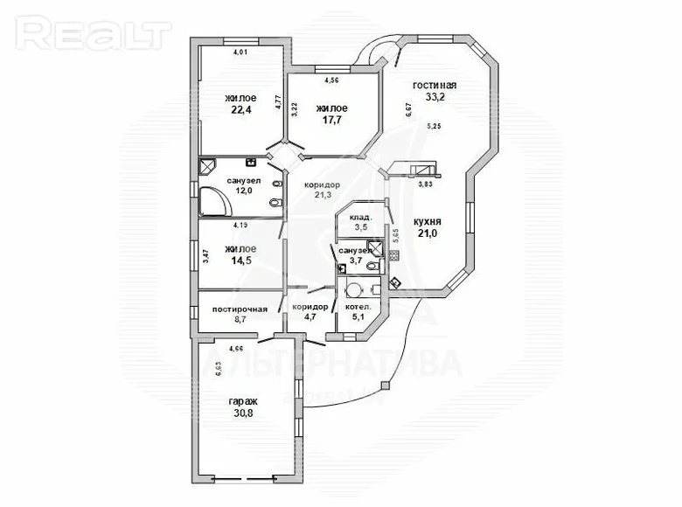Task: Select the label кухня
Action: (x=428, y=222)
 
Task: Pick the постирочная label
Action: (x=240, y=309)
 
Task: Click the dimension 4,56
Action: (x=331, y=80)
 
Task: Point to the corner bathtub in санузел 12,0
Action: (x=214, y=202)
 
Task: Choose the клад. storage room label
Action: (x=361, y=217)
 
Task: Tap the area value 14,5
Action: (x=239, y=260)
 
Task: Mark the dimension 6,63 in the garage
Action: (x=219, y=369)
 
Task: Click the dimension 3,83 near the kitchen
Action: (x=425, y=184)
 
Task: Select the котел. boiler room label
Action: (x=358, y=308)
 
